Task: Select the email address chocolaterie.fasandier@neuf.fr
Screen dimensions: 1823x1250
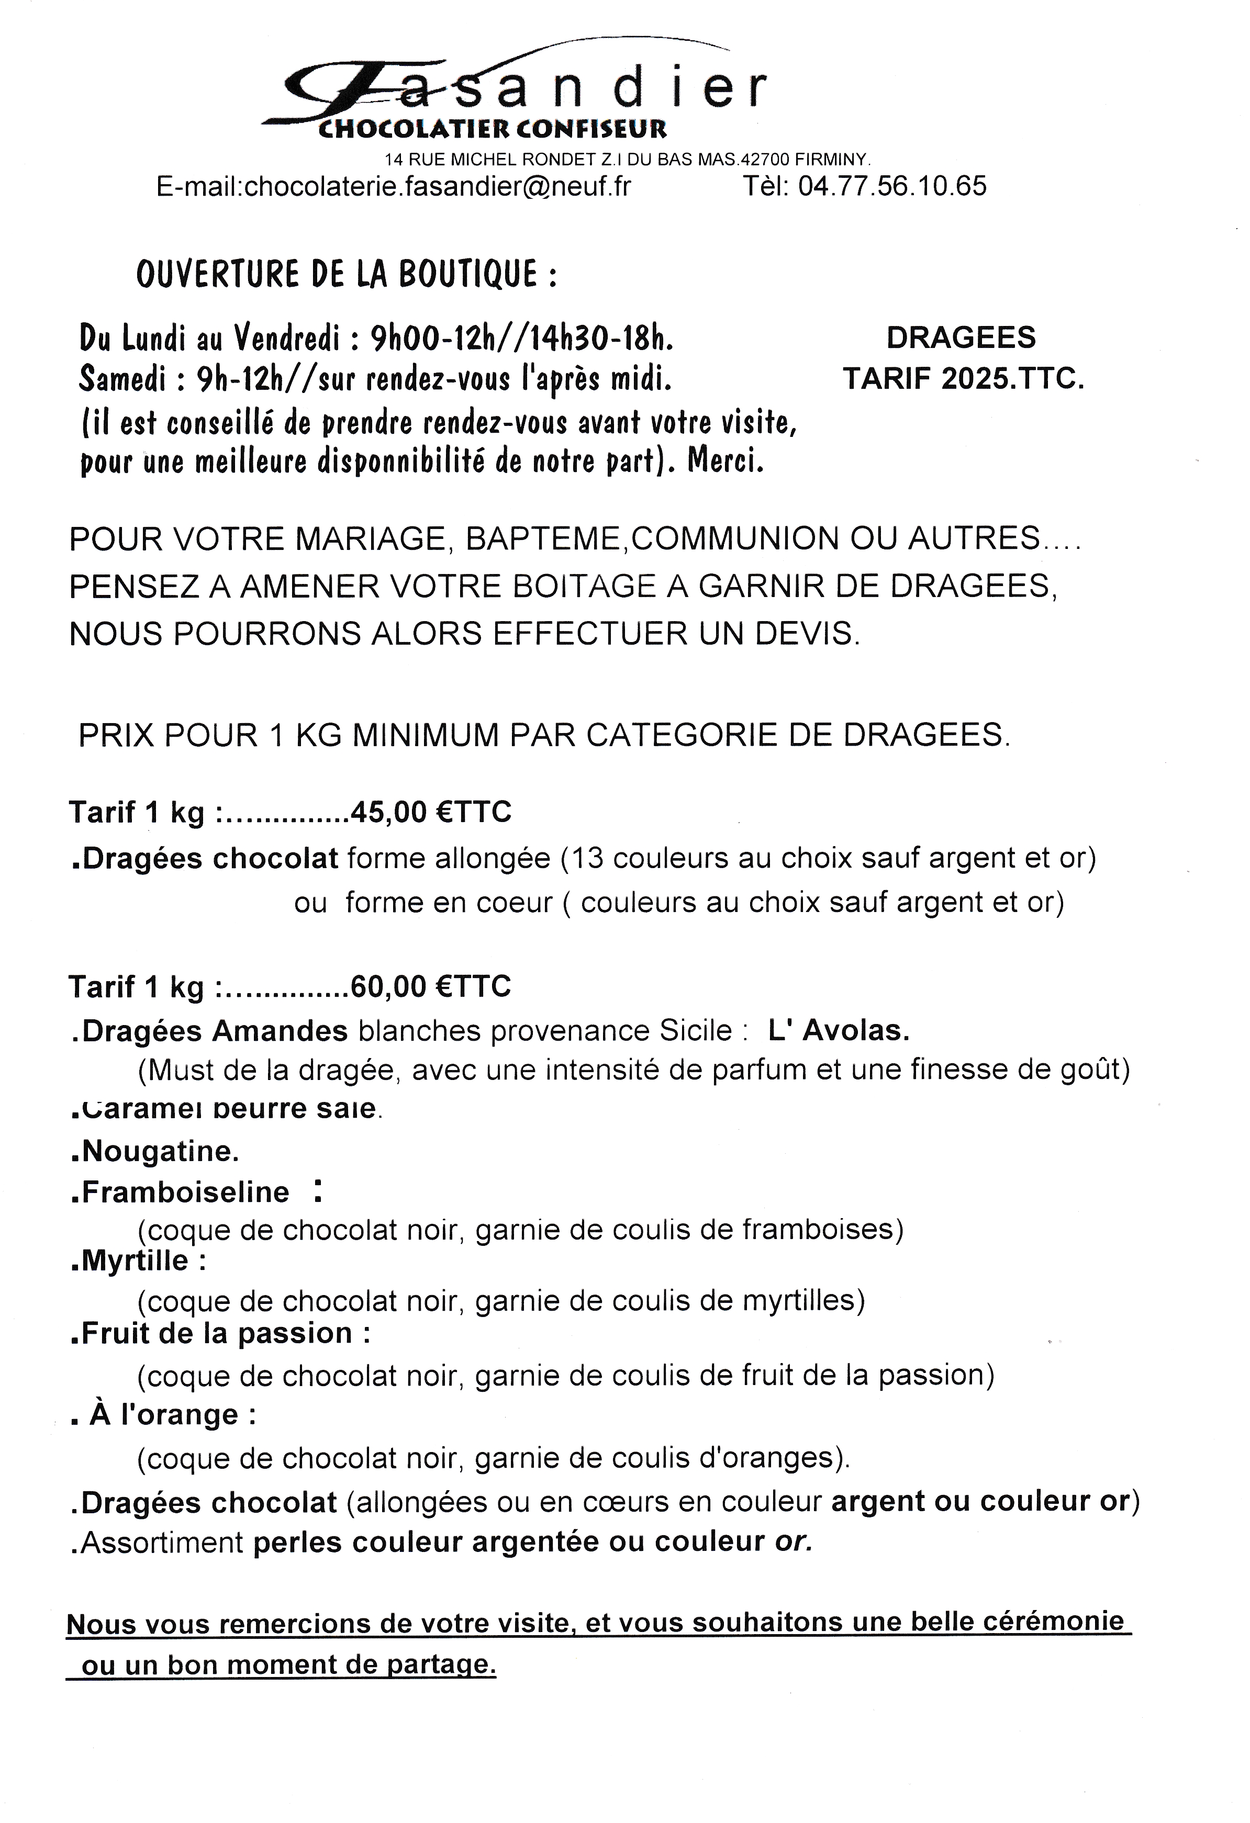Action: pyautogui.click(x=437, y=187)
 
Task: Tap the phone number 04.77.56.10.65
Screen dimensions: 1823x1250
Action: pyautogui.click(x=892, y=187)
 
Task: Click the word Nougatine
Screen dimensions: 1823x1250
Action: pyautogui.click(x=159, y=1152)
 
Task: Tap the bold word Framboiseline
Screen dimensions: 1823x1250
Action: pyautogui.click(x=185, y=1192)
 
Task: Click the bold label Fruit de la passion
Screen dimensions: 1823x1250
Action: pyautogui.click(x=217, y=1334)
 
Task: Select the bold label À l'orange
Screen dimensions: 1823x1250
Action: pyautogui.click(x=173, y=1415)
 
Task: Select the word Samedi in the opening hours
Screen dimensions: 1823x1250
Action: pyautogui.click(x=121, y=380)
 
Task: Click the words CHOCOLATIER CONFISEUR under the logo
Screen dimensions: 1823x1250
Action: pyautogui.click(x=492, y=128)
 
